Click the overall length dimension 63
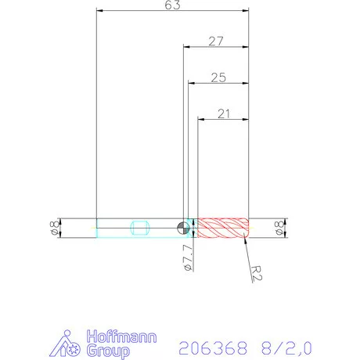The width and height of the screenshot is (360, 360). [x=173, y=5]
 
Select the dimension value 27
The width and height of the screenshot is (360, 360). [x=217, y=41]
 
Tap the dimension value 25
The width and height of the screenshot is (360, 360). [x=218, y=77]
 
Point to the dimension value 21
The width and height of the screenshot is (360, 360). [x=223, y=114]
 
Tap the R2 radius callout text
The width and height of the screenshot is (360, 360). [x=257, y=272]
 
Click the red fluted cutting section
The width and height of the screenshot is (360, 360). [x=222, y=228]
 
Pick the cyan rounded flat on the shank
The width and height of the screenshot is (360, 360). [x=142, y=228]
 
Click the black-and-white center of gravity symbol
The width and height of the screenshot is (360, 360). [x=182, y=228]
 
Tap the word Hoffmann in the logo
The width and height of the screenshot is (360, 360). [x=121, y=338]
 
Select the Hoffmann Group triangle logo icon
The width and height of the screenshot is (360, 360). [x=70, y=344]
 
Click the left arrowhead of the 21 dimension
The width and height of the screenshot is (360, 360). [x=200, y=120]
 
